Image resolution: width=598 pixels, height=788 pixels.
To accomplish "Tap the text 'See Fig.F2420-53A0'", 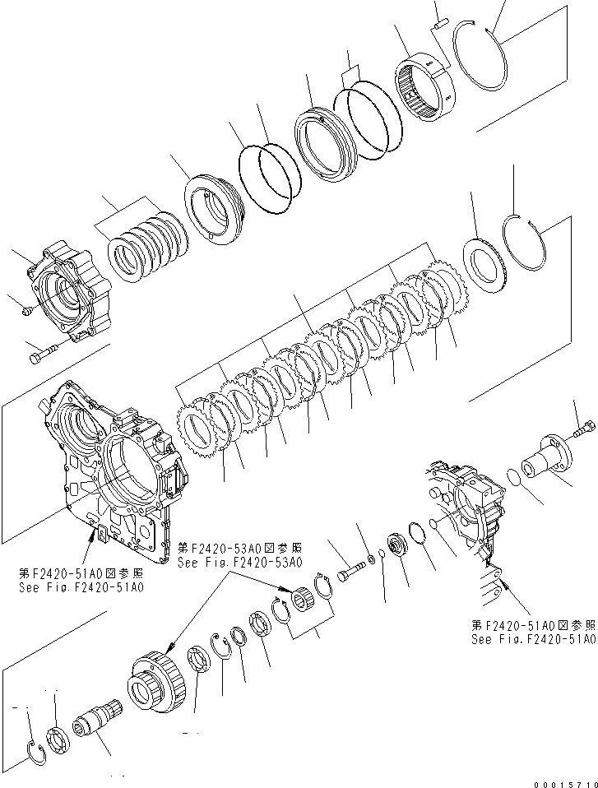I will (x=239, y=563).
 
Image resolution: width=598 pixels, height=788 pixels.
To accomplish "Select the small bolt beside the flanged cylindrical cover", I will (x=584, y=428).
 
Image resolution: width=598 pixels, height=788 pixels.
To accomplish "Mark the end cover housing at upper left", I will (x=70, y=292).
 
